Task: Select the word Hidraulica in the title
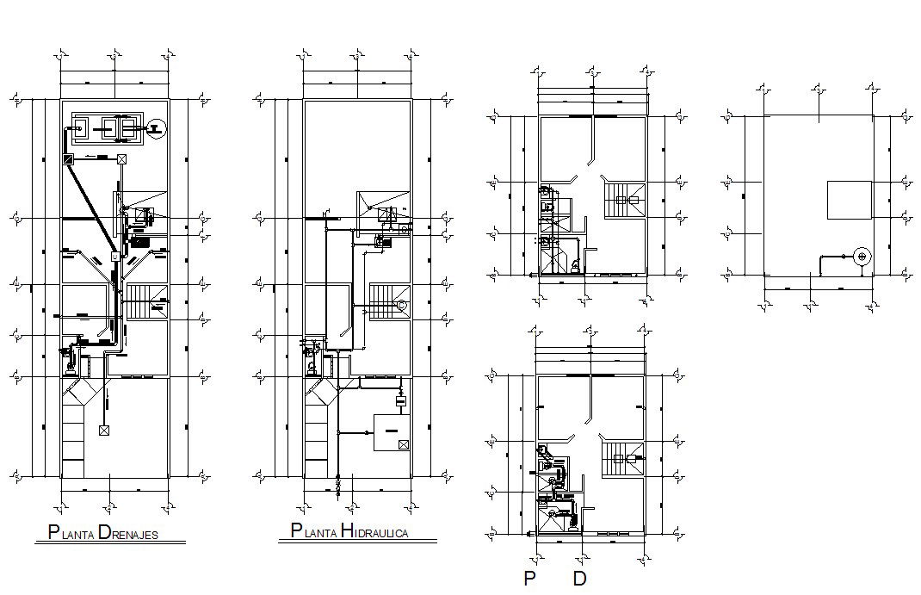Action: click(374, 531)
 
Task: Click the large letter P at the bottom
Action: click(529, 579)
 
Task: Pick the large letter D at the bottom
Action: click(579, 579)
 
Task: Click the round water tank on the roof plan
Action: click(861, 256)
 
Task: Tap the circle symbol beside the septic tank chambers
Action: click(154, 129)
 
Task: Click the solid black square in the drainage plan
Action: click(68, 158)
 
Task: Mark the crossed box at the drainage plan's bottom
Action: click(104, 430)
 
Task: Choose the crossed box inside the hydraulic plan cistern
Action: click(403, 444)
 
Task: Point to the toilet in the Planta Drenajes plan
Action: click(69, 363)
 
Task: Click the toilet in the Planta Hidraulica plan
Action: click(312, 364)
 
